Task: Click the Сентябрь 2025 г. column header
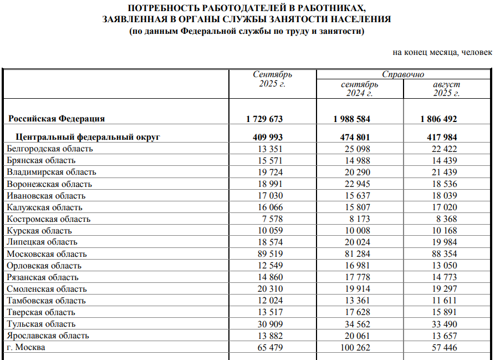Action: [x=272, y=79]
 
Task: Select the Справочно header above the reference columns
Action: [x=403, y=74]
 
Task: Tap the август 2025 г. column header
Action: [x=446, y=89]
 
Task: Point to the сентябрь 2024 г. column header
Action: [x=359, y=89]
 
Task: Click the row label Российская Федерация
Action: [x=57, y=119]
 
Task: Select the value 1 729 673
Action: [x=264, y=119]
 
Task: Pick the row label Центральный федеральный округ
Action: [x=88, y=137]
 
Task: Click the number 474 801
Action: [x=352, y=137]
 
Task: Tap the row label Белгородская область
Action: [x=50, y=149]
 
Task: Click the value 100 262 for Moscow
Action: [x=355, y=347]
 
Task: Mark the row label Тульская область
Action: [x=42, y=324]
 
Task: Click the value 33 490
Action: [x=445, y=324]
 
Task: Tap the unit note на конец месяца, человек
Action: [x=442, y=52]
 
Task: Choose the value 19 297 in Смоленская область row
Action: [x=445, y=289]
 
